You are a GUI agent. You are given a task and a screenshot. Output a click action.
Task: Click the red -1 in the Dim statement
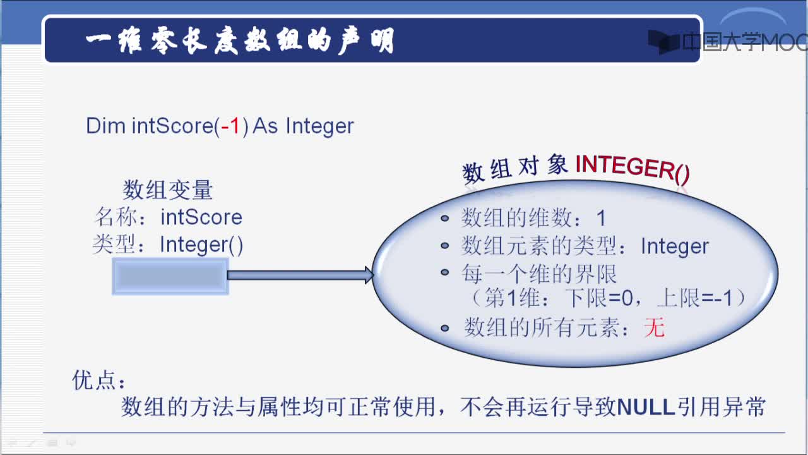coord(230,126)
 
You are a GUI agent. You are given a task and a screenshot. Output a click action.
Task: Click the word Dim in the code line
coord(105,126)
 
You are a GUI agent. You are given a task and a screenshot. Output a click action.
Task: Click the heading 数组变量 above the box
coord(168,190)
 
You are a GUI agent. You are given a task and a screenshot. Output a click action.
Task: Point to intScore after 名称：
coord(201,217)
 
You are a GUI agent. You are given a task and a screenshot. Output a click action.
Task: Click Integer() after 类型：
coord(201,245)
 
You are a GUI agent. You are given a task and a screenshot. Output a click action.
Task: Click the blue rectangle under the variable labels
coord(170,276)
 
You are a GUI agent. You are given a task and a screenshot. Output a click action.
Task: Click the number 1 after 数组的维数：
coord(601,218)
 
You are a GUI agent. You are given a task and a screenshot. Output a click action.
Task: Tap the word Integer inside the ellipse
coord(675,246)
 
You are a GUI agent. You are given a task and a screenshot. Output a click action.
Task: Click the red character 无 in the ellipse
coord(655,328)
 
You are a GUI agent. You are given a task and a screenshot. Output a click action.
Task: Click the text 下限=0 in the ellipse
coord(599,299)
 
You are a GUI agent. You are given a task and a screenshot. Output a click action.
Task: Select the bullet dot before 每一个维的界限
coord(445,272)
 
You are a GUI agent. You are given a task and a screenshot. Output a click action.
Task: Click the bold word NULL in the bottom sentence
coord(646,407)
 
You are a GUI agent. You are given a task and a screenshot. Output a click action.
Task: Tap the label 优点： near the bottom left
coord(99,380)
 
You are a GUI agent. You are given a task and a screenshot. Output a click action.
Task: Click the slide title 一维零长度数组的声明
coord(240,40)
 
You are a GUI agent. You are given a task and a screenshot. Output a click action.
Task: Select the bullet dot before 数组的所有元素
coord(445,328)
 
